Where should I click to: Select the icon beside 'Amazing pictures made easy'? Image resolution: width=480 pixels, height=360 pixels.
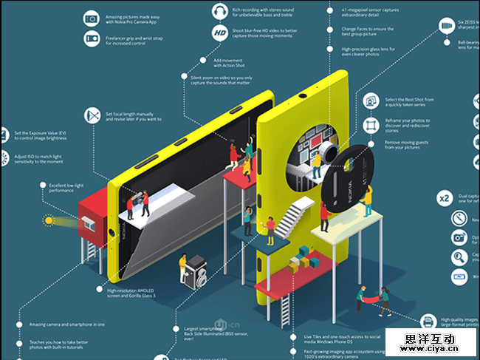point(92,18)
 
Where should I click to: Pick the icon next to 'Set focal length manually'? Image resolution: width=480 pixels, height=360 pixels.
point(92,115)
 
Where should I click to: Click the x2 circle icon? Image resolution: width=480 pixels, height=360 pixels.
point(445,199)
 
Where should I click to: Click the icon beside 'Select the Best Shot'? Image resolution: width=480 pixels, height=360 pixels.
point(369,100)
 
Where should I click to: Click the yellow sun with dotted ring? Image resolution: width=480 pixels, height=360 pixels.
point(49,220)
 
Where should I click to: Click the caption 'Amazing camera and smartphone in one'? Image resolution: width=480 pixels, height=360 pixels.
point(67,325)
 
